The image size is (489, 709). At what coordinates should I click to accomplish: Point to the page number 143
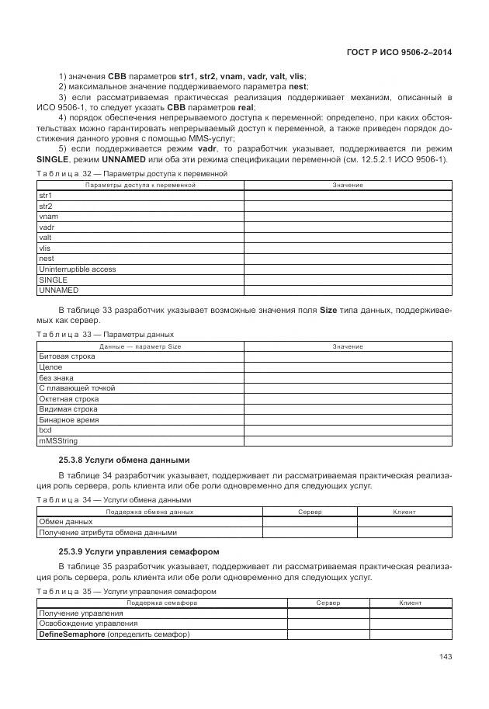(445, 657)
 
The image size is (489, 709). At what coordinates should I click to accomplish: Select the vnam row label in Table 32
(47, 217)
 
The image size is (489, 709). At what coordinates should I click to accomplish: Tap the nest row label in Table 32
(46, 259)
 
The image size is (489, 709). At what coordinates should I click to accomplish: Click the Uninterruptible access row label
(77, 269)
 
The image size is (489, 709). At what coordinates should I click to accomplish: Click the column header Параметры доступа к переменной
(140, 186)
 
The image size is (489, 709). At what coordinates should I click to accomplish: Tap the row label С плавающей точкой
(77, 388)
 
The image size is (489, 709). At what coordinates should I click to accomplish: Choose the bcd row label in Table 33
(44, 429)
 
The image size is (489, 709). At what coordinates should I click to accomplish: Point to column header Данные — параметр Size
(140, 346)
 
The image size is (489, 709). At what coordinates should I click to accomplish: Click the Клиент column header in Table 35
(411, 603)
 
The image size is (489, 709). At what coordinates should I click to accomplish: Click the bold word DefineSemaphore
(71, 634)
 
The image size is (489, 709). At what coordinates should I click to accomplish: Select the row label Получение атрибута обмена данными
(108, 533)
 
